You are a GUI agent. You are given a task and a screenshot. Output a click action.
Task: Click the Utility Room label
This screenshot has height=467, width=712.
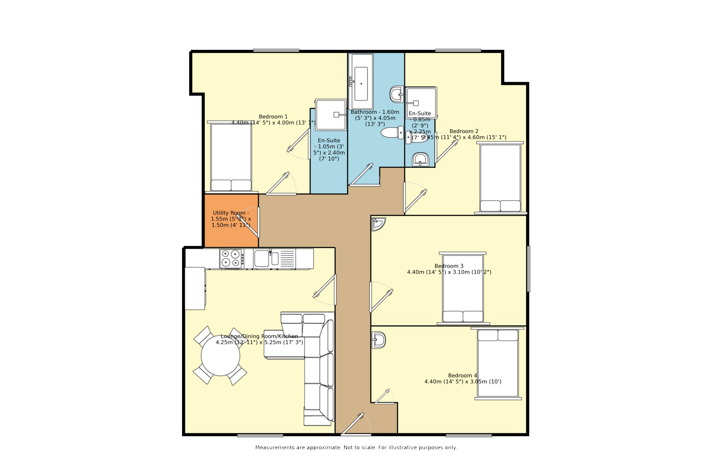[231, 219]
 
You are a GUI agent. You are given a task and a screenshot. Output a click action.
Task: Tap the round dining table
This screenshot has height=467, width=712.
[220, 355]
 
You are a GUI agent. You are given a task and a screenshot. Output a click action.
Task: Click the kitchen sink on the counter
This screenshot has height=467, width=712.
[261, 258]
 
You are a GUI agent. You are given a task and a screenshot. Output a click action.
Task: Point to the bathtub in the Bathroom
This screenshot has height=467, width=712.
[361, 82]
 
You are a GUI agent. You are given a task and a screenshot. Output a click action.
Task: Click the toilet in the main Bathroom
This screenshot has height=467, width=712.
[391, 133]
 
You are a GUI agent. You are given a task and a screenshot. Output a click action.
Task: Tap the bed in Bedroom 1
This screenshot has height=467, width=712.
[231, 157]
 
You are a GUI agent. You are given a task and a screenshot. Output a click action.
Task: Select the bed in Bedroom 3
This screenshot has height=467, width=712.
[463, 288]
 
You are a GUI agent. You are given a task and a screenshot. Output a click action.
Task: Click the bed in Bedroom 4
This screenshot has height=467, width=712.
[498, 363]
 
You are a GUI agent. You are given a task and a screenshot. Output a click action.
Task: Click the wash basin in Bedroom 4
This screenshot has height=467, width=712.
[379, 340]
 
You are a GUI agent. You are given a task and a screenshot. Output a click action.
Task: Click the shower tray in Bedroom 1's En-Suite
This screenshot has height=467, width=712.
[330, 115]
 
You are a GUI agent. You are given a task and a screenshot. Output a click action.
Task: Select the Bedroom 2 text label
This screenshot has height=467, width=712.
[464, 131]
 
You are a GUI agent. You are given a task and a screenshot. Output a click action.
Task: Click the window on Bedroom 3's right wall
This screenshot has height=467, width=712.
[528, 269]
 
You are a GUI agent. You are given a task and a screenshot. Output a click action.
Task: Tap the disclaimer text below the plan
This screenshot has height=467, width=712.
[356, 448]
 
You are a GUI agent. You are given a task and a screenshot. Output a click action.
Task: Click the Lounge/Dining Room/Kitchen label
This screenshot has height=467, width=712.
[259, 339]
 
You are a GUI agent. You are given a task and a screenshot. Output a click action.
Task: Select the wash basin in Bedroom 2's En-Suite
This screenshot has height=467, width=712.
[420, 160]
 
